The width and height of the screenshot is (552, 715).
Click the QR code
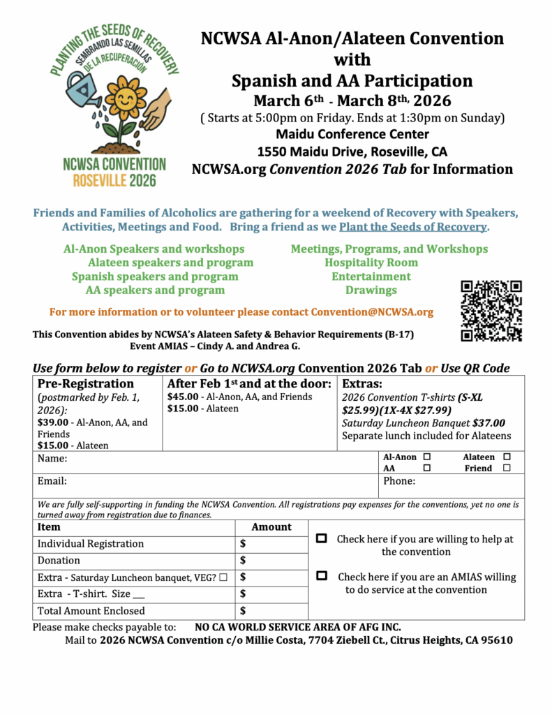pyautogui.click(x=491, y=310)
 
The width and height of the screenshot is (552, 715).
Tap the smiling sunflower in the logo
pyautogui.click(x=126, y=98)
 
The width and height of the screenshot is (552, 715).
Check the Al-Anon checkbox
pyautogui.click(x=426, y=457)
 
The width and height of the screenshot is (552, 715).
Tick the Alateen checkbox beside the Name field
pyautogui.click(x=507, y=457)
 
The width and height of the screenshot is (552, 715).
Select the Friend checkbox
pyautogui.click(x=507, y=469)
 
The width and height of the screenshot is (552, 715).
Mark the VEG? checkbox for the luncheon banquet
pyautogui.click(x=223, y=577)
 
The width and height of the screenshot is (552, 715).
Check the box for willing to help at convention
pyautogui.click(x=322, y=539)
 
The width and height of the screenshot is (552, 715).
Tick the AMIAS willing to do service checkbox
pyautogui.click(x=322, y=576)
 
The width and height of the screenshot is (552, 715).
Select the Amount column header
pyautogui.click(x=271, y=527)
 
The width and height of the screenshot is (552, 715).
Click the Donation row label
pyautogui.click(x=59, y=560)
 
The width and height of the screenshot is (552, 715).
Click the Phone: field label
pyautogui.click(x=399, y=481)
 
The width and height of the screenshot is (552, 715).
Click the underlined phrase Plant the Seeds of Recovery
pyautogui.click(x=413, y=227)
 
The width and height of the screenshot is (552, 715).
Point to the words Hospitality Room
pyautogui.click(x=371, y=263)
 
